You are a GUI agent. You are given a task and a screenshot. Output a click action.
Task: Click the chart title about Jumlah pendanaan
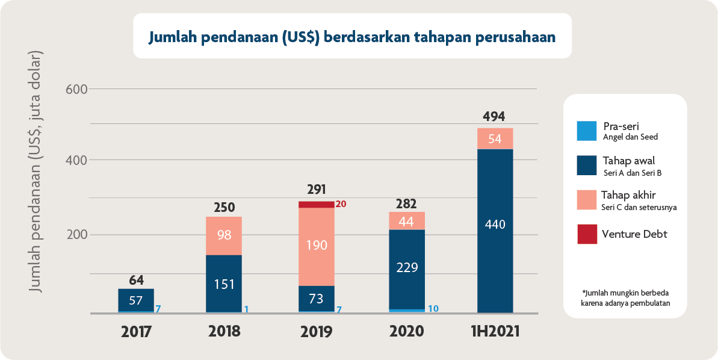tap(352, 37)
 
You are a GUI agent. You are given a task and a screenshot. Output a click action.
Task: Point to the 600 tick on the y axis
tap(76, 89)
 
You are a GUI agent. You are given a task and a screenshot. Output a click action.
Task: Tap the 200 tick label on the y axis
tap(76, 235)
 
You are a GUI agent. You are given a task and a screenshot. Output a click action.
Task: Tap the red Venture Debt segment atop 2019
tap(317, 205)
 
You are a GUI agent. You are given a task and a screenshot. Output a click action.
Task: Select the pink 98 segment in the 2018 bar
tap(224, 235)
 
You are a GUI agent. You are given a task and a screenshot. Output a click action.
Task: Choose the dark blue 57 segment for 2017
tap(136, 300)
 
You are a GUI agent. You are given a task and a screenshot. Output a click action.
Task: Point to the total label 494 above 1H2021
tap(494, 117)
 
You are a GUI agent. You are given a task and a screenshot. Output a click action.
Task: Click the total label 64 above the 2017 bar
tap(136, 279)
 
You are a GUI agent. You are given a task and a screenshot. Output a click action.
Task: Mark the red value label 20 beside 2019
tap(341, 204)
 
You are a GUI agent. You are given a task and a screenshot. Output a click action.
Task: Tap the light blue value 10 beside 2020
tap(433, 309)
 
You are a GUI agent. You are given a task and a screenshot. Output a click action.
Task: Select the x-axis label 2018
tap(224, 331)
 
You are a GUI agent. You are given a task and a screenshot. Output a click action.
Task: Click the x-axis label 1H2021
tap(494, 331)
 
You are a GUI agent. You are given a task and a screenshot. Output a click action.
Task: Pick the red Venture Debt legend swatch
tap(586, 235)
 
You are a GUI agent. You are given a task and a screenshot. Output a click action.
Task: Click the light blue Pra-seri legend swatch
tap(586, 131)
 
